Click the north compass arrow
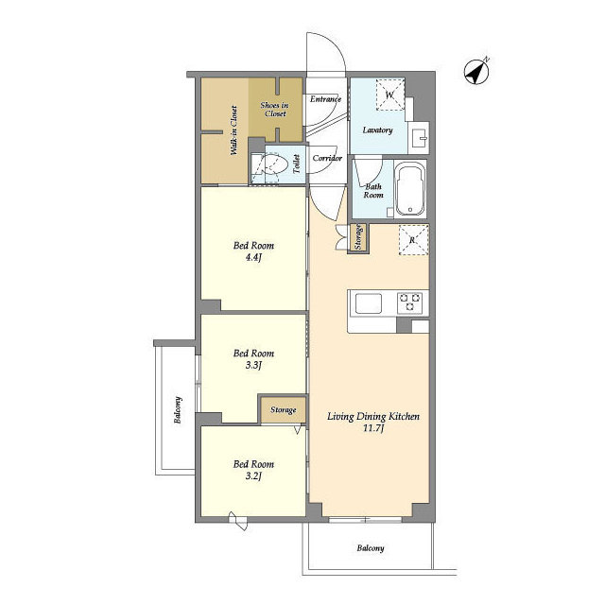pos(476,72)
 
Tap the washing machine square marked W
pos(390,95)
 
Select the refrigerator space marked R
pos(413,240)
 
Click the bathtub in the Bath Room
pos(410,189)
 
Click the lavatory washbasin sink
pos(418,135)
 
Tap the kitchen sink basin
pos(369,303)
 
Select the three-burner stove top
pos(409,302)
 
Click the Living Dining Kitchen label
pos(373,422)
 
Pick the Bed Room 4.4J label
pos(253,251)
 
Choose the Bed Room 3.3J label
pos(253,359)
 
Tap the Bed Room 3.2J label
pos(253,470)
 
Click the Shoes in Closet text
pos(274,110)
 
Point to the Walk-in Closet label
pos(233,130)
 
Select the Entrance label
pos(325,99)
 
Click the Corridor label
pos(327,158)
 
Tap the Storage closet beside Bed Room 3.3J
pos(284,409)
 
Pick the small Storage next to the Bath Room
pos(358,237)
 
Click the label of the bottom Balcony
pos(371,548)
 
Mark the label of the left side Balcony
pos(178,409)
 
